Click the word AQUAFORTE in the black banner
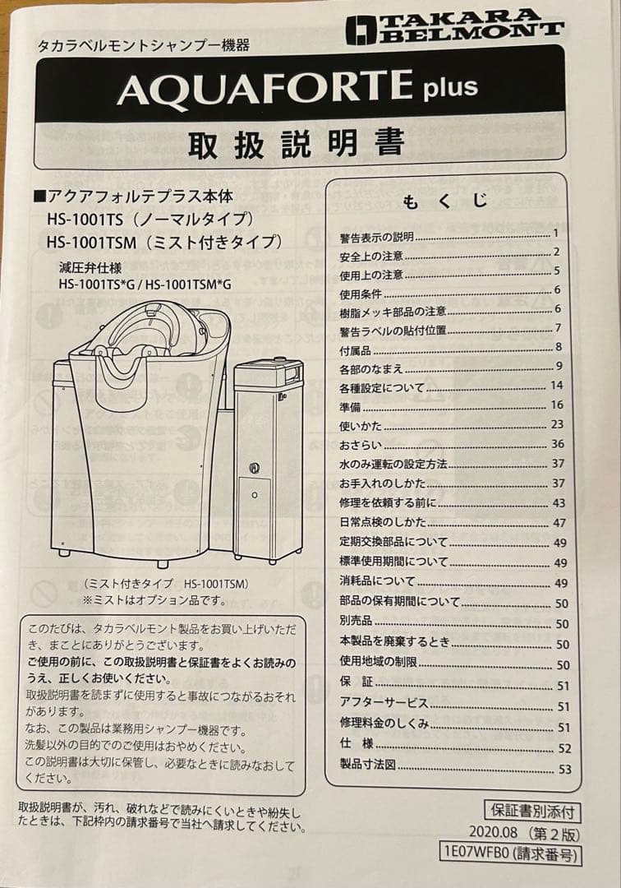(x=264, y=88)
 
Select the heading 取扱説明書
(x=297, y=143)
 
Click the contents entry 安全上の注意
(x=371, y=257)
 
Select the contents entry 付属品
(x=355, y=350)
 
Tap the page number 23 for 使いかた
(x=557, y=424)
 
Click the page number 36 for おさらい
(x=558, y=444)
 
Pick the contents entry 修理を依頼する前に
(x=388, y=503)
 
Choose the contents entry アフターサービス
(x=384, y=703)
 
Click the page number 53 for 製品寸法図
(x=564, y=769)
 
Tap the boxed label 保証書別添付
(x=532, y=811)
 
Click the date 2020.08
(x=493, y=832)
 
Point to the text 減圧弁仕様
(x=90, y=267)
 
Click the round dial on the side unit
(x=255, y=467)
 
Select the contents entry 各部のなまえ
(x=371, y=369)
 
